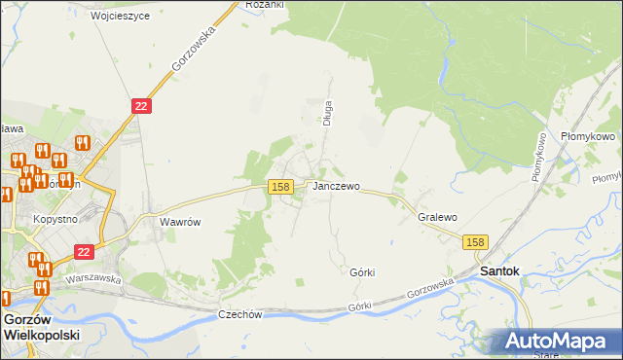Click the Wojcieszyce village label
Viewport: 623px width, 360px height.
[x=120, y=17]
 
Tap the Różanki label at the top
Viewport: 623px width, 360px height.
[x=264, y=5]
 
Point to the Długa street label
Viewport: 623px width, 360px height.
[x=328, y=113]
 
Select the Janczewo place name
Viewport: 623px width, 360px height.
[x=336, y=186]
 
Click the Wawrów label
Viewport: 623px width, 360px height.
[x=180, y=222]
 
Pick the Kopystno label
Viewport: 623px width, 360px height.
[x=55, y=220]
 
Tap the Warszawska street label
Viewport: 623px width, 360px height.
[x=92, y=278]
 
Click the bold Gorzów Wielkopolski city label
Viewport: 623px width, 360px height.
[x=42, y=326]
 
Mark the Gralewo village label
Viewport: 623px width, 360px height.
[x=437, y=218]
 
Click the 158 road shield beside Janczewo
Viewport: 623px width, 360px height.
[x=280, y=186]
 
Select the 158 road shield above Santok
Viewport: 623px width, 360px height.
[x=475, y=242]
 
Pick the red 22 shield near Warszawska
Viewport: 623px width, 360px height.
[x=84, y=251]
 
